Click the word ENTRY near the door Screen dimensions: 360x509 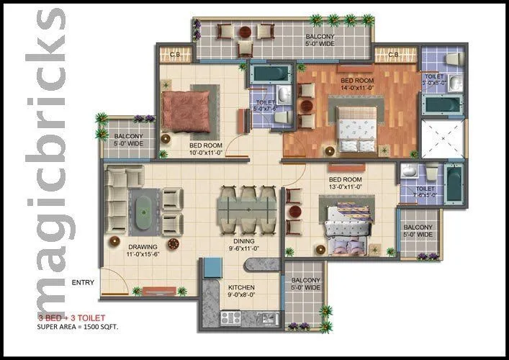[x=83, y=282]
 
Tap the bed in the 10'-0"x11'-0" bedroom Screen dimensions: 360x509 [x=186, y=110]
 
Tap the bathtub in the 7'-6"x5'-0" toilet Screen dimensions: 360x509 [x=452, y=185]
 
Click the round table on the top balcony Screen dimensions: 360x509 [x=246, y=32]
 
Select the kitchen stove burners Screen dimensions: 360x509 [x=232, y=317]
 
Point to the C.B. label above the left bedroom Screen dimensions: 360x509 [x=174, y=55]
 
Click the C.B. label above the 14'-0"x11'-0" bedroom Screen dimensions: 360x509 [x=394, y=55]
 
